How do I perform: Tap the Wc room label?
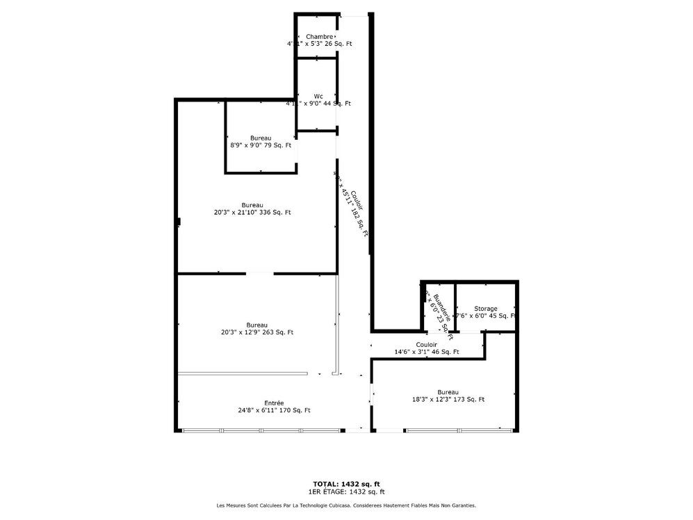tap(318, 96)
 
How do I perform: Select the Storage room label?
tap(485, 309)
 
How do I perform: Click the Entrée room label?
tap(273, 403)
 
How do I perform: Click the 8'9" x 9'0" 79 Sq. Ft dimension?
tap(261, 145)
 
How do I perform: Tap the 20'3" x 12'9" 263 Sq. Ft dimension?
tap(256, 332)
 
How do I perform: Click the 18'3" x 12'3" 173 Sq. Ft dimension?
tap(448, 399)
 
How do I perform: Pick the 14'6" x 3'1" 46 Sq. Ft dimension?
tap(426, 352)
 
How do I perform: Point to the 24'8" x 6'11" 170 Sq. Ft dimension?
tap(273, 410)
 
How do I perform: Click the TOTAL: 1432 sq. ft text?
tap(346, 484)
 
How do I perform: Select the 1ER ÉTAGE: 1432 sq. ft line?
tap(346, 491)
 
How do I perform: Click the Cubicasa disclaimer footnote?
tap(346, 505)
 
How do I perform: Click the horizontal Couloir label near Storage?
tap(426, 344)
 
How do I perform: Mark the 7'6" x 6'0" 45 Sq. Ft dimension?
tap(485, 316)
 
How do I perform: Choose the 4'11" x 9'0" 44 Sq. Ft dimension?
tap(318, 104)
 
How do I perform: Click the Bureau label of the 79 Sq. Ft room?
tap(261, 138)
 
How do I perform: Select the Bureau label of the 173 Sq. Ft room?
tap(448, 391)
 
